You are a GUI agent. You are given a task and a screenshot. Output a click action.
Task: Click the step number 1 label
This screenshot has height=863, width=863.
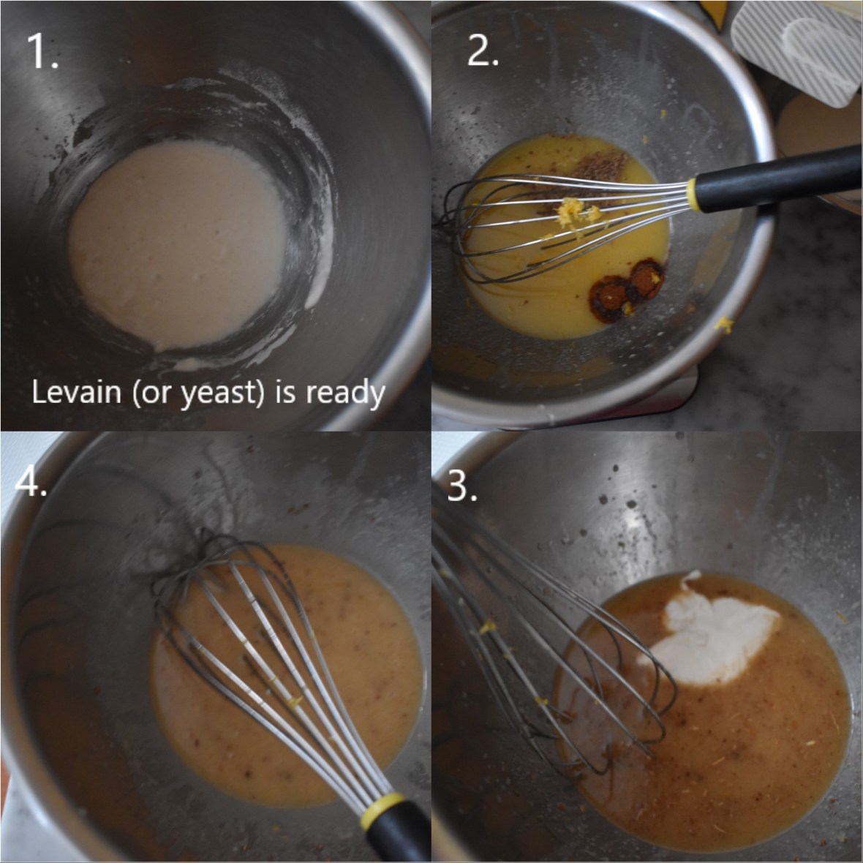42,50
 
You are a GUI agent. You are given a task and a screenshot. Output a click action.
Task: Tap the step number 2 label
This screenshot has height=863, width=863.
482,52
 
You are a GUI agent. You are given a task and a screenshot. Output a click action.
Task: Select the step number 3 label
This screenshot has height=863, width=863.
462,486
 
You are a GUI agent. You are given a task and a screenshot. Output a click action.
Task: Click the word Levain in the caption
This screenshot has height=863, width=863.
77,392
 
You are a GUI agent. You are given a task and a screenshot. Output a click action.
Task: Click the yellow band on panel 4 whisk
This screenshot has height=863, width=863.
382,809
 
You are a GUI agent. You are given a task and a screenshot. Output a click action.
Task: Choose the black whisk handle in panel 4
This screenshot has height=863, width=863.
400,837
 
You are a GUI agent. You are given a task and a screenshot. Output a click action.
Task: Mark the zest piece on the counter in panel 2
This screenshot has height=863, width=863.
724,325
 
